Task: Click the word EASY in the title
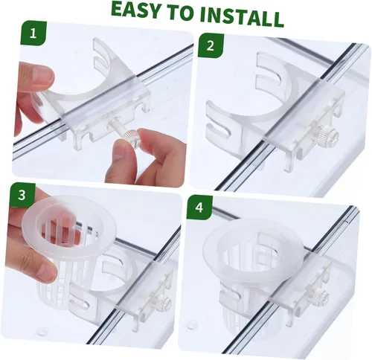point(136,10)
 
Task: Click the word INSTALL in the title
point(242,16)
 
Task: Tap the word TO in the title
point(179,13)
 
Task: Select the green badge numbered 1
point(33,33)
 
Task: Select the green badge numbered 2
point(211,46)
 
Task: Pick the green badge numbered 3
point(22,195)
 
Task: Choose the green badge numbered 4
point(199,208)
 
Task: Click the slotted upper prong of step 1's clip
point(103,54)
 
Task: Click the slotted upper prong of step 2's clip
point(269,68)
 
